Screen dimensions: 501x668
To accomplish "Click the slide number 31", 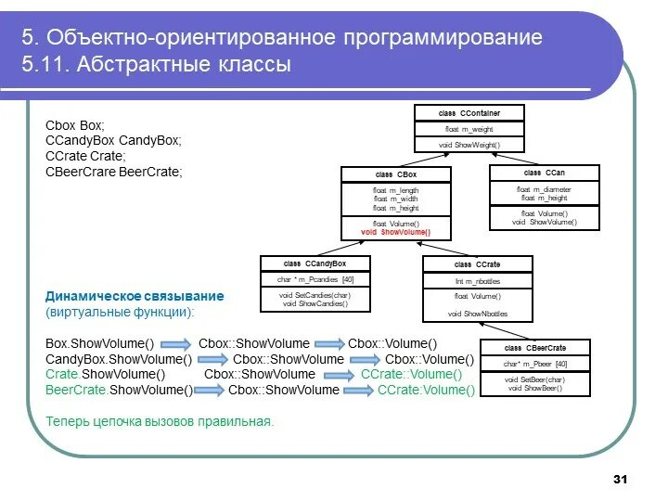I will coord(621,479).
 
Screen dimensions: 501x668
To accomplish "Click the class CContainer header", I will coord(469,113).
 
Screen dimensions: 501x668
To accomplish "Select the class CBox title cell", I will coord(396,174).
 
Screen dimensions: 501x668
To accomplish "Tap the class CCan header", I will coord(545,173).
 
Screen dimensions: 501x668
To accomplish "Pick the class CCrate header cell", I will coord(478,265).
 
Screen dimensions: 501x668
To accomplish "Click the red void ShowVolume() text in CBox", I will coord(396,232).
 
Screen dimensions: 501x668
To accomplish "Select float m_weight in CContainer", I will coord(469,129).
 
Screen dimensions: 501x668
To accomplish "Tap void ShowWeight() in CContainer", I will coord(469,145).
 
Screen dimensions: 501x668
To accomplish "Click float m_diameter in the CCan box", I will coord(545,189).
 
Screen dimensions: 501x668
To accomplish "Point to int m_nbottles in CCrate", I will coord(478,280).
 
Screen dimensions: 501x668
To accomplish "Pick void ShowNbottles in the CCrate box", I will coord(478,314).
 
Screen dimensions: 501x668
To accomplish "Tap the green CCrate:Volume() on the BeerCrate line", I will coord(426,391).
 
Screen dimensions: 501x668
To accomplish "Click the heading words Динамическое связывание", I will coord(135,296).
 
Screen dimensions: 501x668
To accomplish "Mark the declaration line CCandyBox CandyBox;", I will coord(113,140).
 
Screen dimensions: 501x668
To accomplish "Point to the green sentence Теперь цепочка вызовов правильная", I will coord(160,421).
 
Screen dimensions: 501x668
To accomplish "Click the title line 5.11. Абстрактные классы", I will coord(157,65).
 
